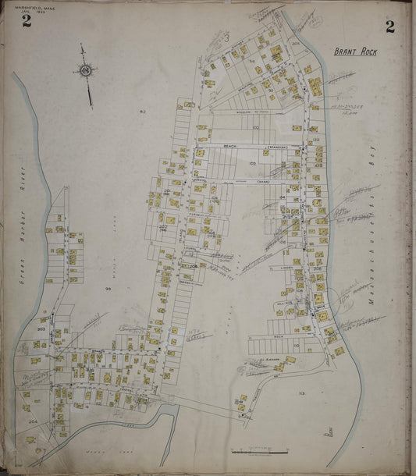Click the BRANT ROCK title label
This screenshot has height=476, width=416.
point(355,52)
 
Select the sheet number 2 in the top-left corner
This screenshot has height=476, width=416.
point(27,21)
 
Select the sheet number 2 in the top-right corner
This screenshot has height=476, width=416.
point(389,27)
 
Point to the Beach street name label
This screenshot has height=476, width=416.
point(229,146)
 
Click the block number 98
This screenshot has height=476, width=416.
point(109,290)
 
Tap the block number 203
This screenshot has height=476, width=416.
point(41,329)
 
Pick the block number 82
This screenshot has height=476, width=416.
point(143,113)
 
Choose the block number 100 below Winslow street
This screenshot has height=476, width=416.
point(254,126)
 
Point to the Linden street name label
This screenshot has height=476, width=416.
point(286,267)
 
